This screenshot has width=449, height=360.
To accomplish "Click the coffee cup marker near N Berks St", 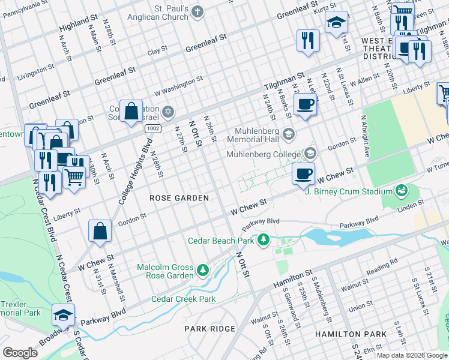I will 305,104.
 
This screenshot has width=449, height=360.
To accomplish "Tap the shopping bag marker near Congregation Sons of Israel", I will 131,111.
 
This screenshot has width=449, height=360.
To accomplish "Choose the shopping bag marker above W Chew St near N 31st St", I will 100,231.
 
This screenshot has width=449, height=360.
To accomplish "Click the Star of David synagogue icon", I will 169,112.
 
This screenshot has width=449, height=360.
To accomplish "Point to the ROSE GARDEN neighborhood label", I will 179,198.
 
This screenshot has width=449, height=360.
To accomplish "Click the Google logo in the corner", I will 20,352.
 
